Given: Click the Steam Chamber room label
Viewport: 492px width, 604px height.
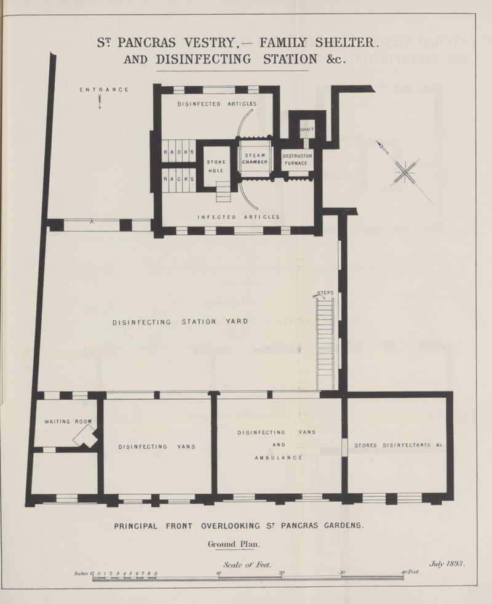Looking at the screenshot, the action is pyautogui.click(x=255, y=159).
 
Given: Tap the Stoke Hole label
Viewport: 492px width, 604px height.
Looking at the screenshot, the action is pyautogui.click(x=216, y=166).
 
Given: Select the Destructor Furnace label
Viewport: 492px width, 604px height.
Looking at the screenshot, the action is pyautogui.click(x=297, y=160).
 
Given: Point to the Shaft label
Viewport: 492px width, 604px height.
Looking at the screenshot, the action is pyautogui.click(x=307, y=129).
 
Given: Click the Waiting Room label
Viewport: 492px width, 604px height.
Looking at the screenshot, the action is pyautogui.click(x=68, y=421).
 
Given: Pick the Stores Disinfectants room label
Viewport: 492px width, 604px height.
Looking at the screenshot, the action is pyautogui.click(x=399, y=445).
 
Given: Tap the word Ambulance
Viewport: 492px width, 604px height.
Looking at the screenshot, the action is pyautogui.click(x=279, y=457).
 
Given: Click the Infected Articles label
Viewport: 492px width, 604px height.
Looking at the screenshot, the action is pyautogui.click(x=239, y=217).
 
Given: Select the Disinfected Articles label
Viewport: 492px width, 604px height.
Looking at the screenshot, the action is pyautogui.click(x=217, y=104).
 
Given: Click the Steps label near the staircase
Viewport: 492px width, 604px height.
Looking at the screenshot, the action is pyautogui.click(x=325, y=292).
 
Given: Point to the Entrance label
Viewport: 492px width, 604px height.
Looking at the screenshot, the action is pyautogui.click(x=105, y=90).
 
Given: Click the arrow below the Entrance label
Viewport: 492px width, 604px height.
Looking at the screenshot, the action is pyautogui.click(x=100, y=102).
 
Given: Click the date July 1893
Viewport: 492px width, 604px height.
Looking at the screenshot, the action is pyautogui.click(x=447, y=564).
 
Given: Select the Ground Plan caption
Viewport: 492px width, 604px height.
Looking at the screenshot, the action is pyautogui.click(x=234, y=544).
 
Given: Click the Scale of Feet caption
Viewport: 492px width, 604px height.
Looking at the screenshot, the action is pyautogui.click(x=247, y=565).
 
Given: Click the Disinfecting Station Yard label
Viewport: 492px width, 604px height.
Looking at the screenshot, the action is pyautogui.click(x=180, y=321).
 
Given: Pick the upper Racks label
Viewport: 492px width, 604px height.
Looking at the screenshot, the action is pyautogui.click(x=179, y=152).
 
